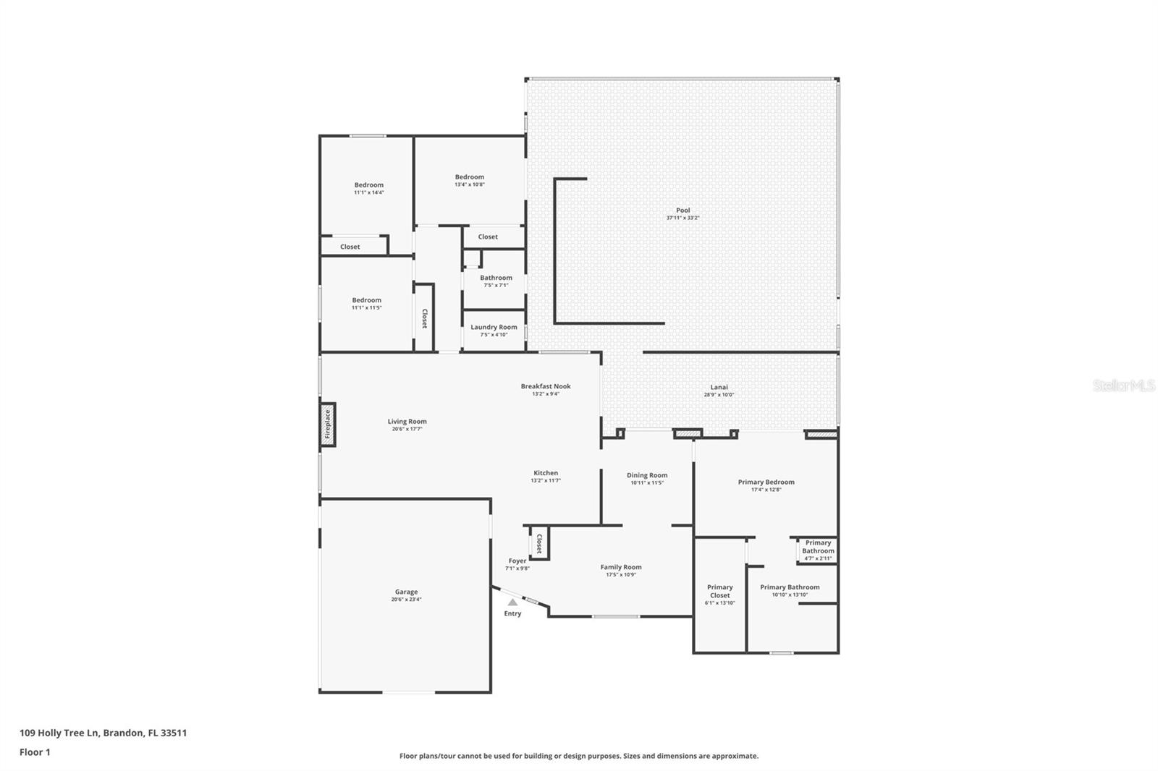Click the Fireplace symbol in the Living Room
point(327,425)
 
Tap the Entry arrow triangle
point(512,602)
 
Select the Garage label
point(406,592)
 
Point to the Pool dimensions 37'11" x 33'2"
point(682,218)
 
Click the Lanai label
point(719,387)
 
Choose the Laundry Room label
point(494,327)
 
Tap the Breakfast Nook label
point(546,386)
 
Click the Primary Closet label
point(719,591)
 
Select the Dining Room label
point(647,475)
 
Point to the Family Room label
point(621,567)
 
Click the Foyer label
point(517,561)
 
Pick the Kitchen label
point(546,473)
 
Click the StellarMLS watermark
point(1123,385)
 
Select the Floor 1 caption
point(35,752)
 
